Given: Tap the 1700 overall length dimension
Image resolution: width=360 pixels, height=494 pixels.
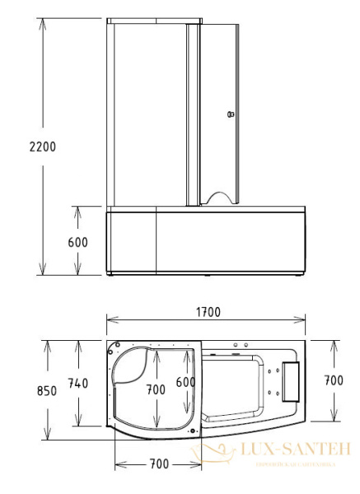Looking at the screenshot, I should point(208,313).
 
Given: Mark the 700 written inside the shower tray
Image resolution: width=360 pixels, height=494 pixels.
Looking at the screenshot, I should point(156,390).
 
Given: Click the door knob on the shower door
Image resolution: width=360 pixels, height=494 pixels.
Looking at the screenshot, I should point(231,114).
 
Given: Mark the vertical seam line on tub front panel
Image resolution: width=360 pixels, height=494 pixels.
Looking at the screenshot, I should point(157,242).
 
